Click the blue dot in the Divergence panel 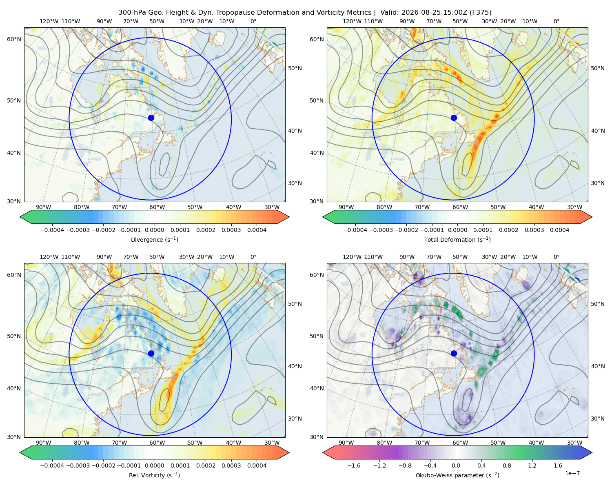click(x=151, y=118)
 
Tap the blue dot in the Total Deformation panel click(x=454, y=118)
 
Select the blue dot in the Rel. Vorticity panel click(x=151, y=353)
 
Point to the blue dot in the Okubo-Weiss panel click(x=454, y=353)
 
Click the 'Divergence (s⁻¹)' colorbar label click(x=154, y=240)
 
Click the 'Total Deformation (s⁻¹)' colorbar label click(x=457, y=240)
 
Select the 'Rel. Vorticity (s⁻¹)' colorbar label click(x=154, y=475)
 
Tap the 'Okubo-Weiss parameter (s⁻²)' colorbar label click(x=457, y=475)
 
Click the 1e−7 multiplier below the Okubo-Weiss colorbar click(x=572, y=473)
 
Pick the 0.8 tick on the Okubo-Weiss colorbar click(x=507, y=465)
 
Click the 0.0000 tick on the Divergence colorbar click(x=154, y=230)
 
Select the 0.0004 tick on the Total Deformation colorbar click(x=560, y=230)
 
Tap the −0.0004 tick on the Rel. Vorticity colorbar click(x=52, y=465)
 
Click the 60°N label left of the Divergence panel click(x=14, y=39)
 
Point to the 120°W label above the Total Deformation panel click(x=352, y=21)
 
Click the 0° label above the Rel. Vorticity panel click(x=253, y=257)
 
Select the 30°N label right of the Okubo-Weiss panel click(x=598, y=419)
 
